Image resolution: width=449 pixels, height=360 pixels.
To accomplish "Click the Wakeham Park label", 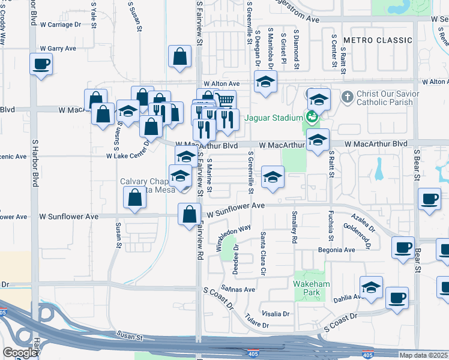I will point(309,288).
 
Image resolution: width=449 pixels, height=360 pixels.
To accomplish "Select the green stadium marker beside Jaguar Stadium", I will point(311,118).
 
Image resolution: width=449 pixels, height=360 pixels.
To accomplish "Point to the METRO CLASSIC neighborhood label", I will point(378,40).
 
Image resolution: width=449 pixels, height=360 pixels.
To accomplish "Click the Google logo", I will point(20,353).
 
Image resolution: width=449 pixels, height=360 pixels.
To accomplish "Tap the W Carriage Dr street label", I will point(60,25).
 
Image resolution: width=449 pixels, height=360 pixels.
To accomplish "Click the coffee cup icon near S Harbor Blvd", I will point(41,64).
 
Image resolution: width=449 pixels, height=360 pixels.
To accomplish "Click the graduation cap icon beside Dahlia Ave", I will point(372,287).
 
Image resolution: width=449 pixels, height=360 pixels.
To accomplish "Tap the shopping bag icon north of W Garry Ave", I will point(179,57).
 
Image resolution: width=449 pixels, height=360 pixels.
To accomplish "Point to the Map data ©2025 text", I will point(424,355).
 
